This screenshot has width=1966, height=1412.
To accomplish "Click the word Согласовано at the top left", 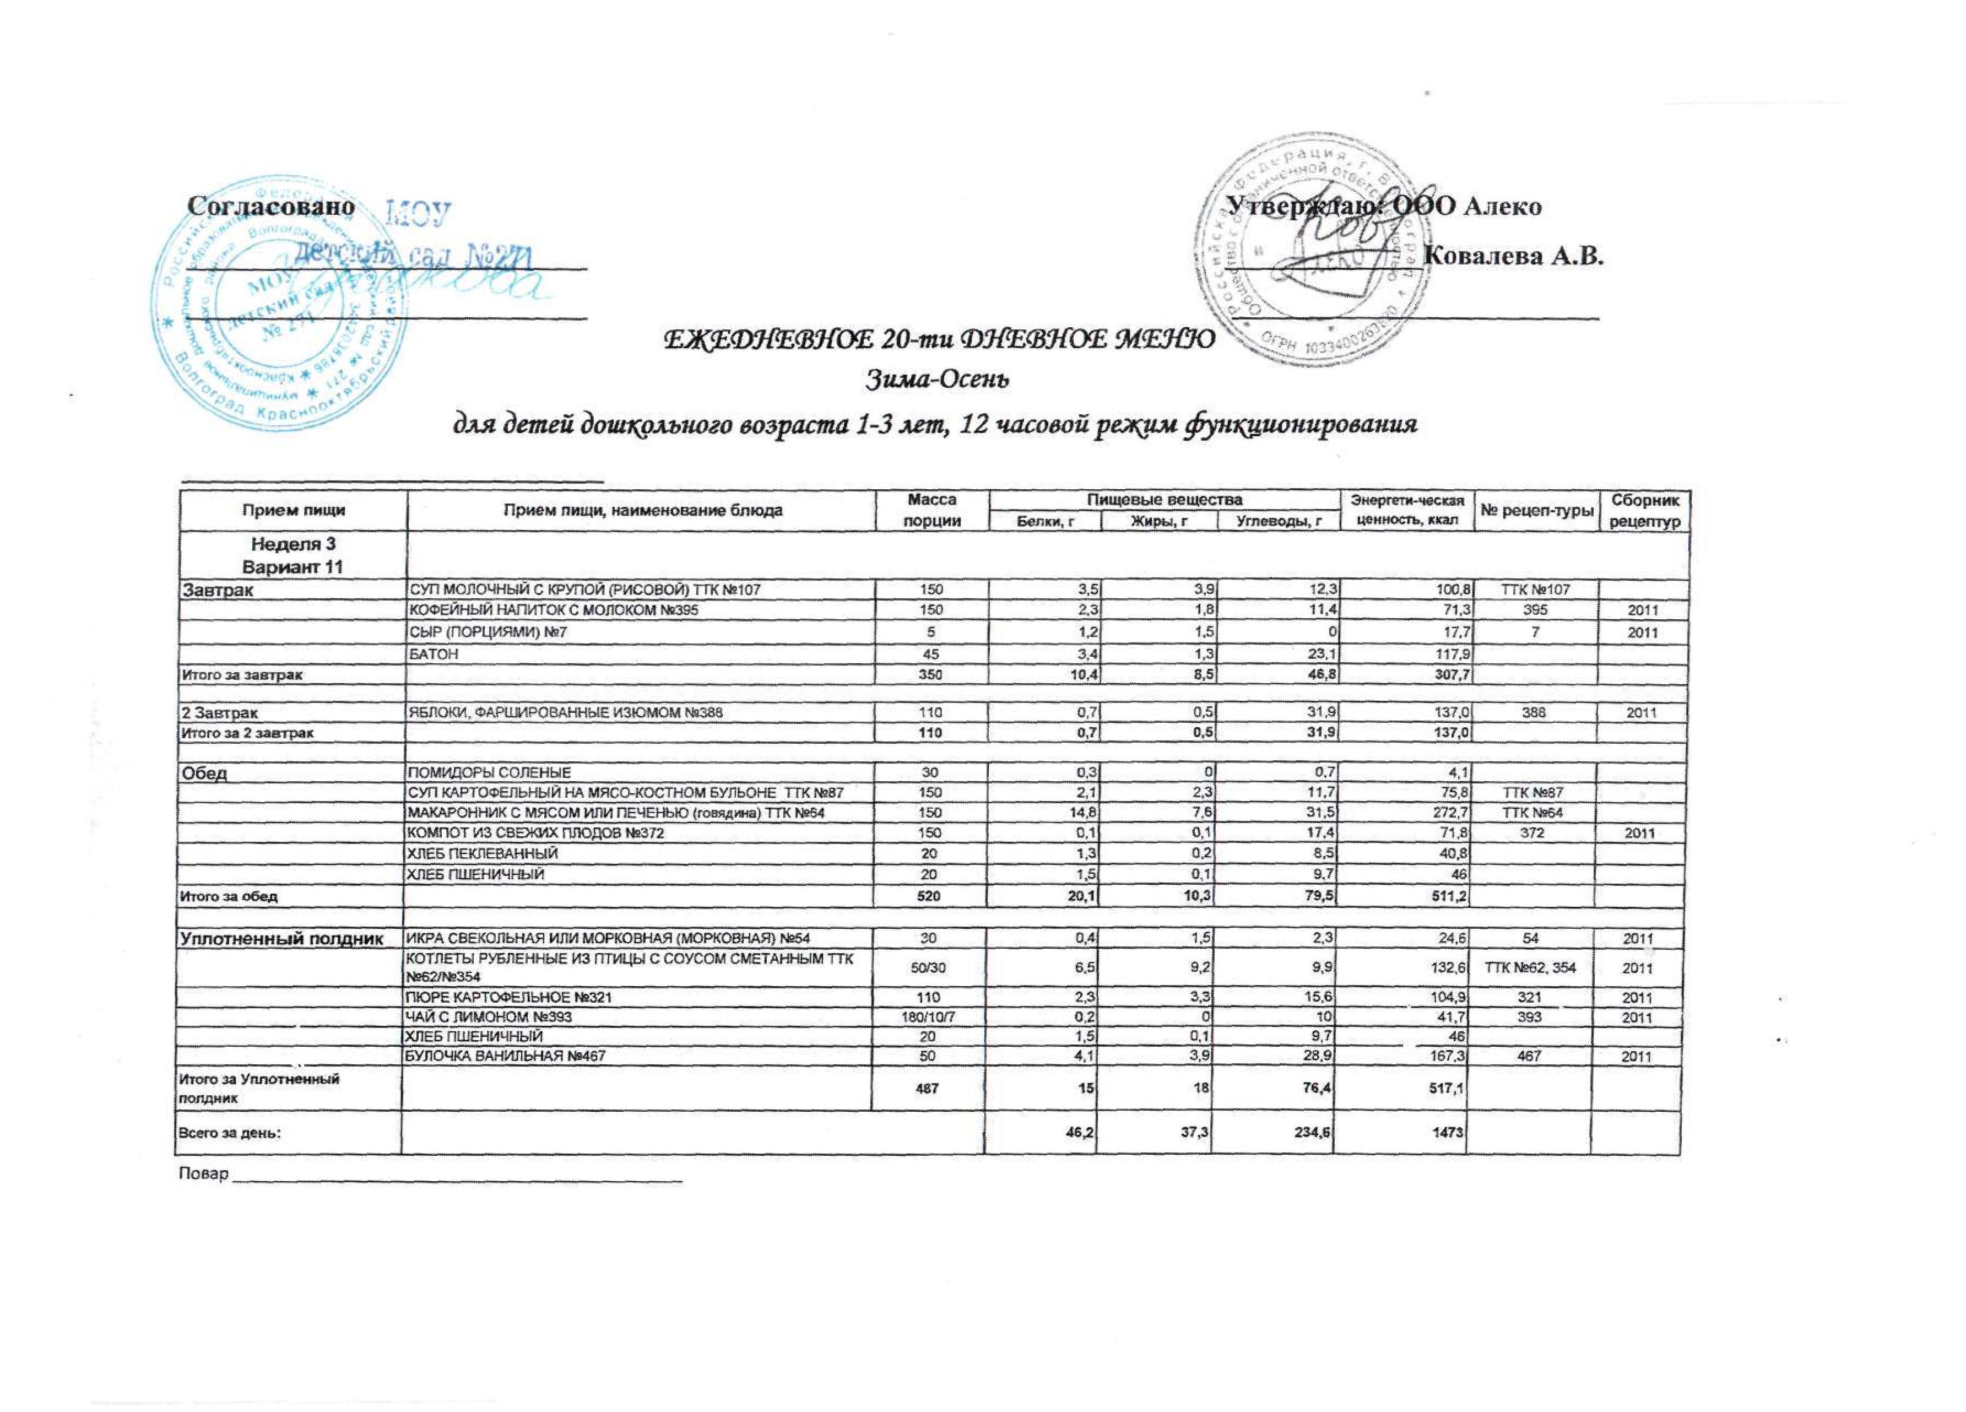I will tap(272, 208).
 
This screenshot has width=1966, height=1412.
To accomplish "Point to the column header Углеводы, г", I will tap(1274, 521).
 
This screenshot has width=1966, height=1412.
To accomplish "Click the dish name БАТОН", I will tap(434, 654).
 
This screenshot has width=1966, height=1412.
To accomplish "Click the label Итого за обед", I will tap(228, 896).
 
